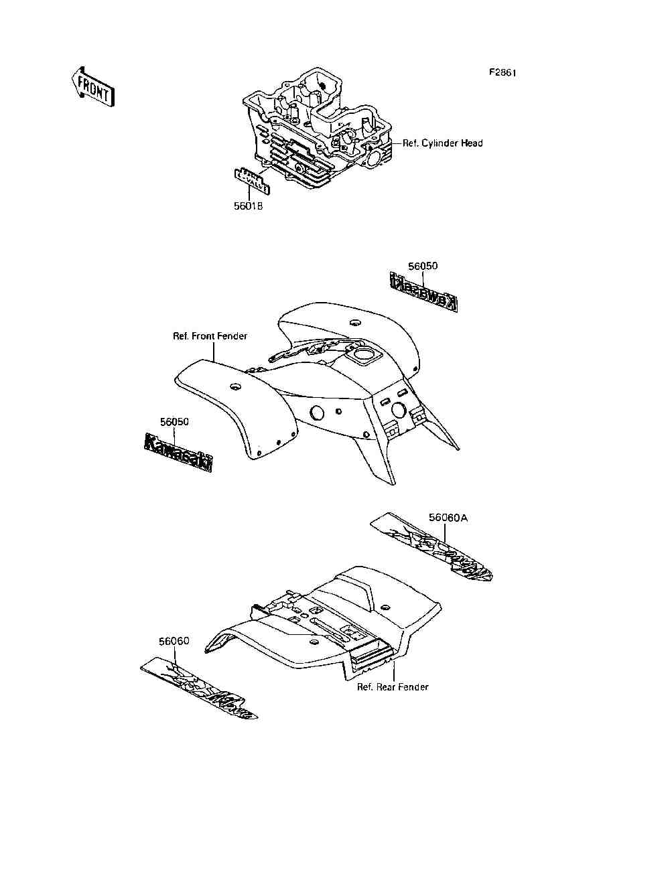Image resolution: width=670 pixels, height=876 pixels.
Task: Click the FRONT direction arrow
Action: tap(92, 86)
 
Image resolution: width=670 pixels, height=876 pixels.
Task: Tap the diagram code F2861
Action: tap(502, 73)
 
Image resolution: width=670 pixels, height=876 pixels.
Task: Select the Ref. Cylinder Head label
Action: tap(442, 143)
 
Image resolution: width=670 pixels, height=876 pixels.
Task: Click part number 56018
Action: tap(248, 206)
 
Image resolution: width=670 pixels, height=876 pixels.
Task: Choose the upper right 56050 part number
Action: tap(423, 266)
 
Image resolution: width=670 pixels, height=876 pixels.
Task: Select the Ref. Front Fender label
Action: tap(210, 336)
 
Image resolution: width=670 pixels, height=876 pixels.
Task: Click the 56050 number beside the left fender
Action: tap(174, 422)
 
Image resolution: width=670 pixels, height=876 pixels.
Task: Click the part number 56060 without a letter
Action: tap(174, 641)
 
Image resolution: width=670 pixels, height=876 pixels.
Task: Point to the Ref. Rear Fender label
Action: tap(393, 687)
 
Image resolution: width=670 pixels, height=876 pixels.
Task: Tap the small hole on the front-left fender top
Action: tap(235, 387)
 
